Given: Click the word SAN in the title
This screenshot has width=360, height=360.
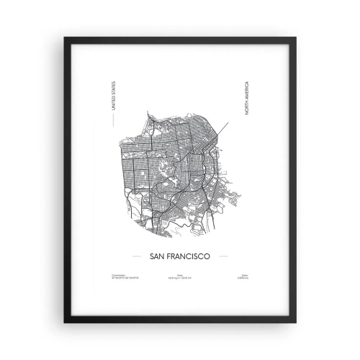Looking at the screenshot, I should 155,255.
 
